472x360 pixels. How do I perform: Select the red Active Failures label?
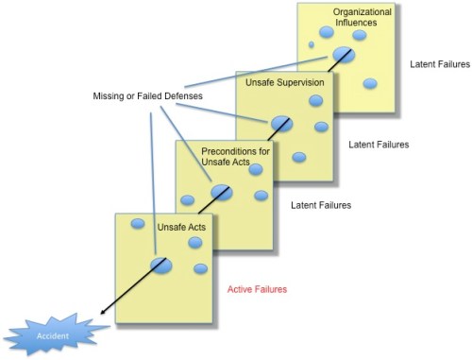[257, 288]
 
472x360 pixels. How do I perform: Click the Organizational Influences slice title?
[355, 17]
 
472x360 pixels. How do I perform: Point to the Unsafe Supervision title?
[284, 83]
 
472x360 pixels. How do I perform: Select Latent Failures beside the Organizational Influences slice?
[440, 65]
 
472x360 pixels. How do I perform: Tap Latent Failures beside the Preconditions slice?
[321, 205]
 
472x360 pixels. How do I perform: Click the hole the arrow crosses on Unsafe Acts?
[161, 266]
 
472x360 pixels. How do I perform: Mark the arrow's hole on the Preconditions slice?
[221, 193]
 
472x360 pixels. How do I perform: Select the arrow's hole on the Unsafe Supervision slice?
[281, 124]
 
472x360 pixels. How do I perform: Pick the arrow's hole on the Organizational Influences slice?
[344, 56]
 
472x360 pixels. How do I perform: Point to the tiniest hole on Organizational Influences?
[312, 44]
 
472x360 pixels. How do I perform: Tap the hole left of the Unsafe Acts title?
[137, 224]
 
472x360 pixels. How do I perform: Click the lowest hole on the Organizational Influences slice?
[369, 83]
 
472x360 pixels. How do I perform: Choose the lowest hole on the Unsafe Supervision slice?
[299, 157]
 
